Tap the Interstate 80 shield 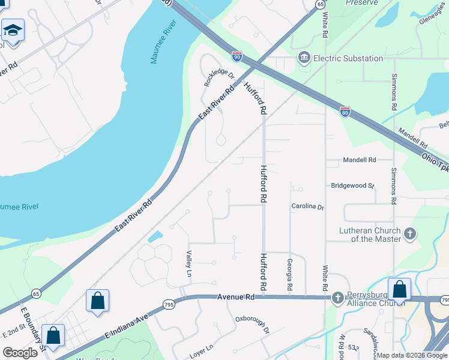[x=345, y=111]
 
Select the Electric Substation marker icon [x=304, y=58]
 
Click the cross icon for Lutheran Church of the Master [x=410, y=234]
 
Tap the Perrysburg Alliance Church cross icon [x=337, y=297]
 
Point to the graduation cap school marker [x=12, y=29]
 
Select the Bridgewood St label [x=352, y=186]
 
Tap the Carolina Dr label [x=308, y=206]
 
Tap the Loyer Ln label [x=201, y=347]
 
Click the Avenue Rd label [x=236, y=297]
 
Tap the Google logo [x=20, y=353]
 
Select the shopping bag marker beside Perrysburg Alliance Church [x=399, y=289]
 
